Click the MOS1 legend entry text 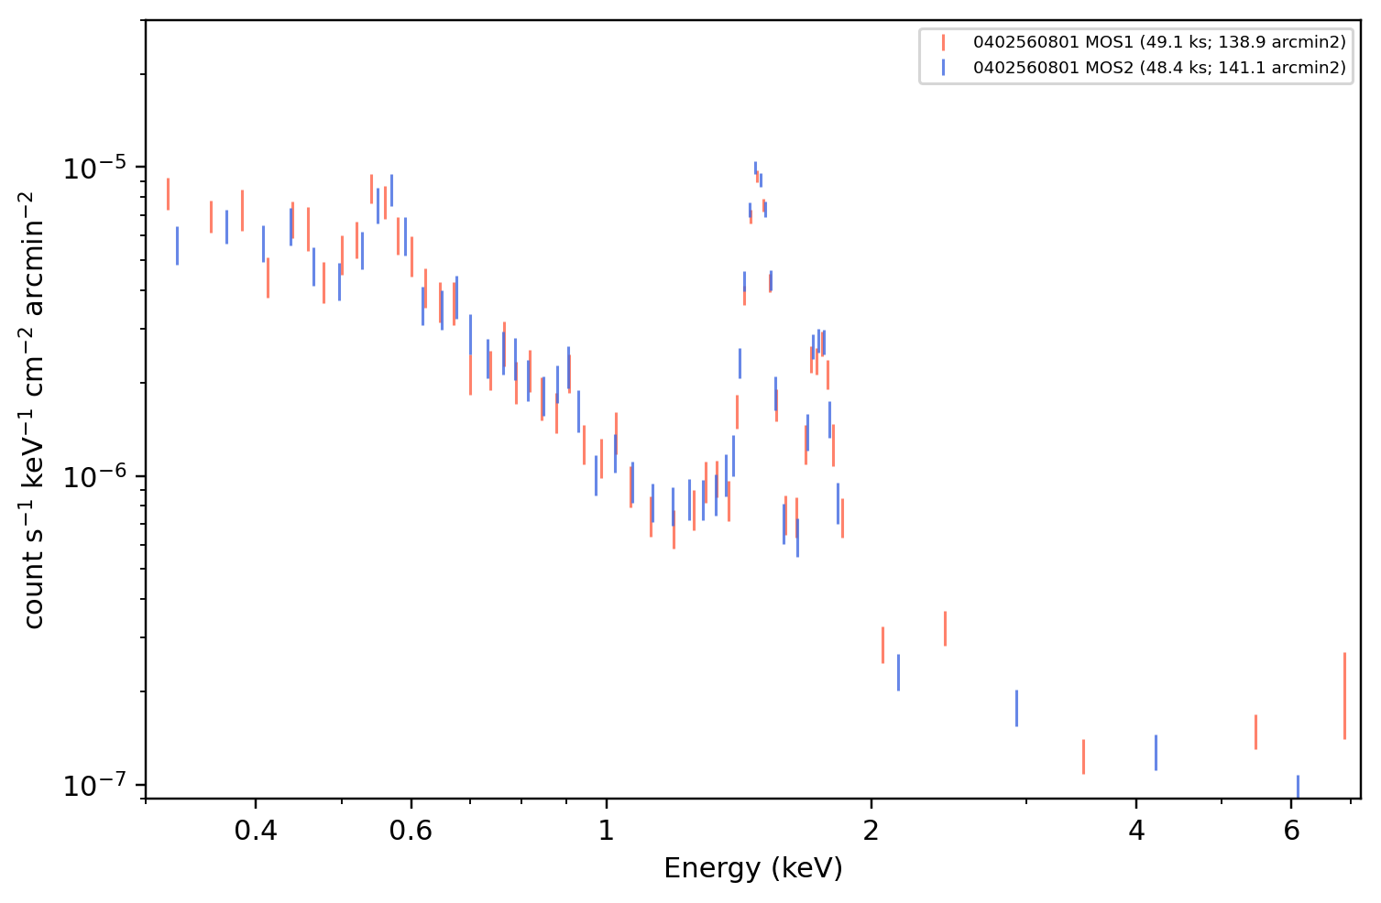tap(1159, 42)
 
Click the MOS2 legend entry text tap(1159, 67)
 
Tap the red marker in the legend tap(943, 42)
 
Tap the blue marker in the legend tap(943, 67)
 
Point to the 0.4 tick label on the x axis tap(256, 831)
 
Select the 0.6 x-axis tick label tap(411, 831)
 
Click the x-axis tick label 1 tap(607, 831)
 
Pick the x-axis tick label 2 tap(871, 831)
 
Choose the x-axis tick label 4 tap(1136, 831)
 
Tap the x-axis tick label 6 tap(1291, 831)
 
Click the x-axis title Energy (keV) tap(752, 869)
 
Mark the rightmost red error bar tap(1344, 696)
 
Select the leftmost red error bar tap(168, 194)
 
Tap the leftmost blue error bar tap(178, 245)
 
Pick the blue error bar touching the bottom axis tap(1298, 787)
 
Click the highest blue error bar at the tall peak tap(755, 169)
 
